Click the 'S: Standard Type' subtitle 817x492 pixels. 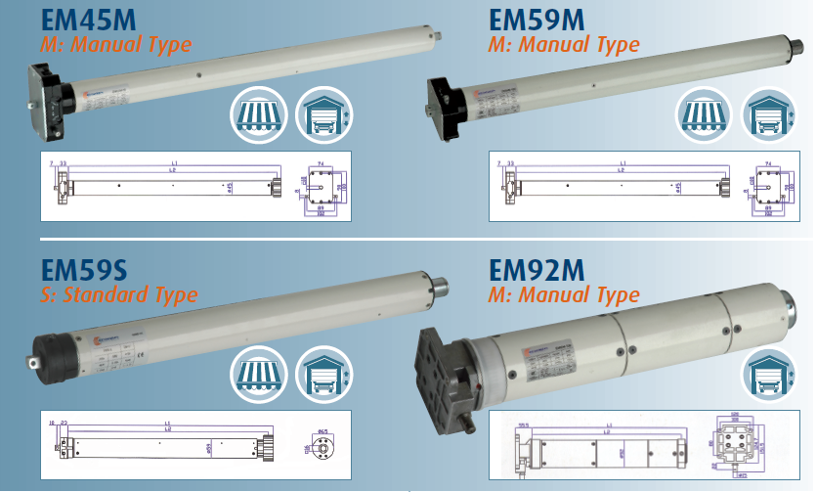click(x=118, y=294)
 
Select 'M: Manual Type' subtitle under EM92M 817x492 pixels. click(x=564, y=294)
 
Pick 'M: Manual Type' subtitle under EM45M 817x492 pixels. click(x=115, y=45)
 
